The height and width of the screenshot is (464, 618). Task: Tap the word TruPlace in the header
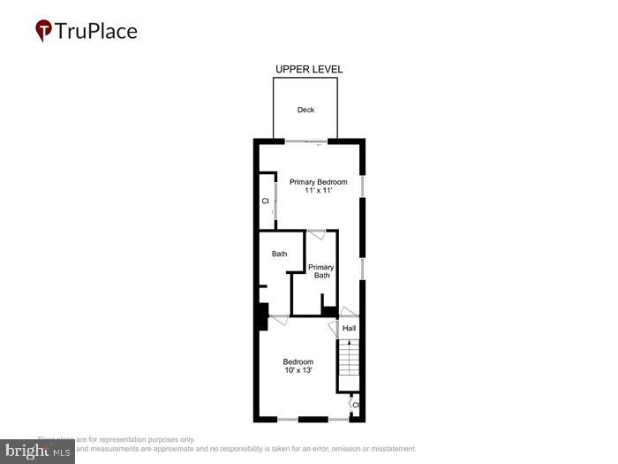point(96,32)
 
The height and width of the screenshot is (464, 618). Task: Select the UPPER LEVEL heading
point(309,69)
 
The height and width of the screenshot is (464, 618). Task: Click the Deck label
point(305,110)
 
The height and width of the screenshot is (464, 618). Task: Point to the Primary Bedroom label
point(318,182)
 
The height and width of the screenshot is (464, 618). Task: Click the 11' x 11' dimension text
point(318,192)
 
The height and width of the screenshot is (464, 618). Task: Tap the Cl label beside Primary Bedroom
point(265,202)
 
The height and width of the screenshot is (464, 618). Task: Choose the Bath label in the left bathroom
point(279,255)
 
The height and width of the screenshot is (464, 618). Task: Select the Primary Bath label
point(320,271)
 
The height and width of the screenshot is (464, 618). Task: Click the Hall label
point(349,329)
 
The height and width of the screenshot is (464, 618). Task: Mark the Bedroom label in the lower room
point(298,361)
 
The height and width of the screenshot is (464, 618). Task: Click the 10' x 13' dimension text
point(298,371)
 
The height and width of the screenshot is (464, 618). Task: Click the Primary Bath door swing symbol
point(317,234)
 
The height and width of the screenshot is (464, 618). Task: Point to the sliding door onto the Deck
point(308,141)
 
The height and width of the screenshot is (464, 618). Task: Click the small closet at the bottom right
point(355,405)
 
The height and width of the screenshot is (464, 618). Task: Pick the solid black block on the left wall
point(262,316)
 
